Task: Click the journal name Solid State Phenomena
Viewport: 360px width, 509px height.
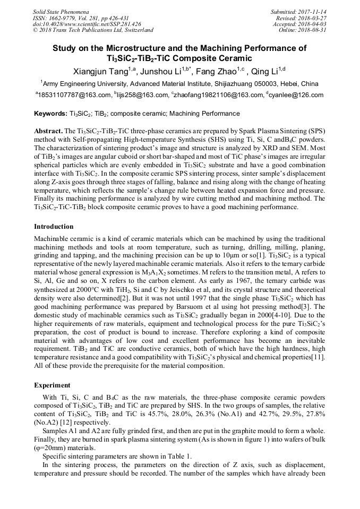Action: click(x=61, y=11)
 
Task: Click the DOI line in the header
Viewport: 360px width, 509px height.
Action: click(x=87, y=24)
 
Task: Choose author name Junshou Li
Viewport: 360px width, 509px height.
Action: click(x=161, y=72)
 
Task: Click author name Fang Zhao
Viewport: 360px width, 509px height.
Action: click(x=215, y=72)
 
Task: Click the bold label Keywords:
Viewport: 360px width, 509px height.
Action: click(x=50, y=114)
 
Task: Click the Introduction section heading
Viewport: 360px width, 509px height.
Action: click(x=54, y=227)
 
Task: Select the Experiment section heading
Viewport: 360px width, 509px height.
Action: click(x=52, y=385)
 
